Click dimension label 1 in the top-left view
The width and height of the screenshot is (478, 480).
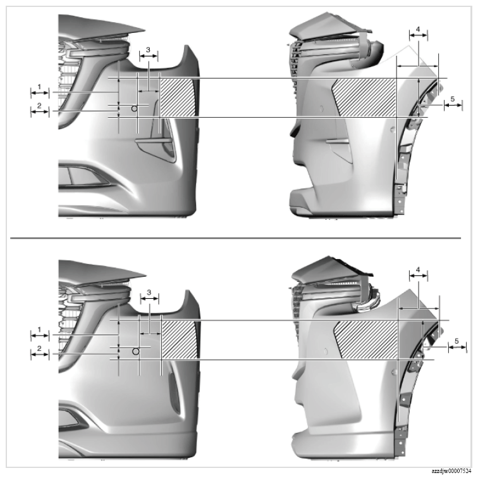[x=39, y=87]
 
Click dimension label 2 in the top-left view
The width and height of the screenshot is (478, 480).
[x=39, y=106]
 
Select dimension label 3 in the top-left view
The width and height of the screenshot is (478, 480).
[x=148, y=49]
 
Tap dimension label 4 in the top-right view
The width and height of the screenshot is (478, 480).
[x=418, y=29]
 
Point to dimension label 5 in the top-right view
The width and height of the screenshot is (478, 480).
[x=453, y=99]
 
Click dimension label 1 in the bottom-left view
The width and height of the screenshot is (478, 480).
[x=39, y=330]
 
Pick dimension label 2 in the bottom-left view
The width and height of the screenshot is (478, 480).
[x=39, y=348]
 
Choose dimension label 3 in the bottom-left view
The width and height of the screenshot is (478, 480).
[x=149, y=293]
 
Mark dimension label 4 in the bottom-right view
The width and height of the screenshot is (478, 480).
[x=418, y=270]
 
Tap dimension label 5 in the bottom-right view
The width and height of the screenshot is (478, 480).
[x=457, y=341]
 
